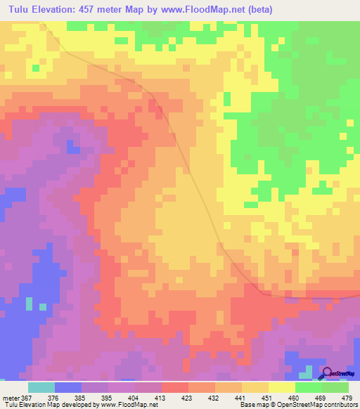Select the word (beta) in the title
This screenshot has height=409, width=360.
(257, 9)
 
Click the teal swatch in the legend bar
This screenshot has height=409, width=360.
(41, 387)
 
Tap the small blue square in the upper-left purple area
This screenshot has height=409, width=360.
(71, 147)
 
